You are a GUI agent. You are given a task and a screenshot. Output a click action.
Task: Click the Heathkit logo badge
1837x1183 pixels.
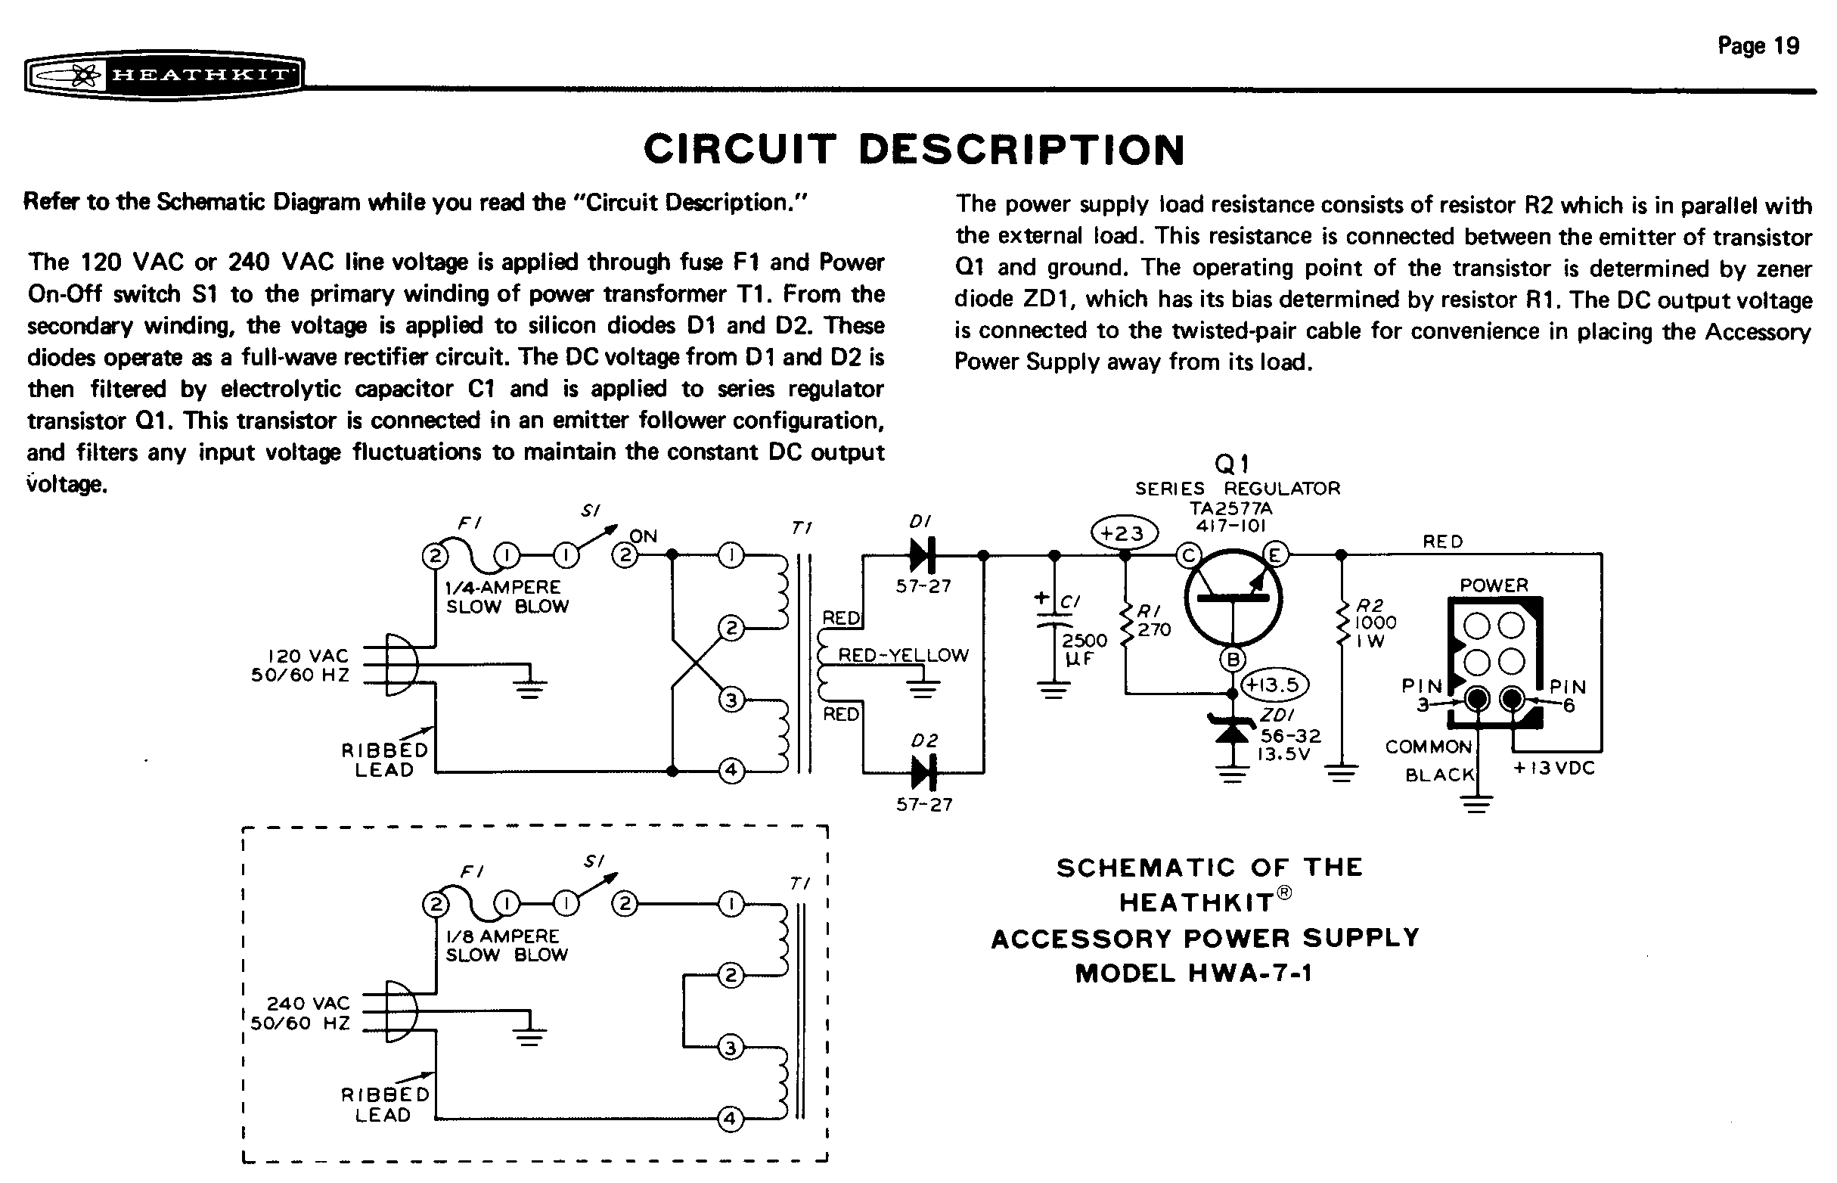point(163,76)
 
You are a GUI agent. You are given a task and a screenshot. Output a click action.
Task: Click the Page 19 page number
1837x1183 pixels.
point(1758,46)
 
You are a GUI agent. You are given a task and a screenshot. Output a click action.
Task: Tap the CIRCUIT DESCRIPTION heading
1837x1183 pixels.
point(914,149)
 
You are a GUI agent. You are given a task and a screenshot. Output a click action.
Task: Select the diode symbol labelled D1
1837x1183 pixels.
point(923,554)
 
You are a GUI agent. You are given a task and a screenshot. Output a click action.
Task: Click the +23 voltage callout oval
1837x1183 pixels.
point(1124,533)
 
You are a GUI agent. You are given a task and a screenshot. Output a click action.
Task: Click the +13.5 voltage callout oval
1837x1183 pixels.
point(1275,684)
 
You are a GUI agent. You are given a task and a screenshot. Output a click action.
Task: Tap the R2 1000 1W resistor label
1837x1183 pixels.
point(1375,623)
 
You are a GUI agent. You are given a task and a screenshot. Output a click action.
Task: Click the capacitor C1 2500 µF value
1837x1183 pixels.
point(1084,649)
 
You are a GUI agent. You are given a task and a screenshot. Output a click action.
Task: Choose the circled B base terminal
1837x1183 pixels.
point(1233,658)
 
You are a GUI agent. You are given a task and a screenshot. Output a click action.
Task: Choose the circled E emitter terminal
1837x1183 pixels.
point(1275,554)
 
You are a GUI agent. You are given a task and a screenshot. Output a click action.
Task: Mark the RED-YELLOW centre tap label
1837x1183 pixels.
point(903,655)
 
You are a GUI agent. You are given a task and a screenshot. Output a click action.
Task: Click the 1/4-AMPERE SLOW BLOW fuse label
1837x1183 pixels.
point(507,596)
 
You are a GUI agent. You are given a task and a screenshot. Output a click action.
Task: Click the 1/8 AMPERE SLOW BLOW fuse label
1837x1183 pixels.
point(506,945)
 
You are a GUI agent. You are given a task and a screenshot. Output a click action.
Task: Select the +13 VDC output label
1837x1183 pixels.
point(1553,768)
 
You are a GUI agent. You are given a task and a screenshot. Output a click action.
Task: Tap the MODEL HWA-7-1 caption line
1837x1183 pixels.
point(1193,973)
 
